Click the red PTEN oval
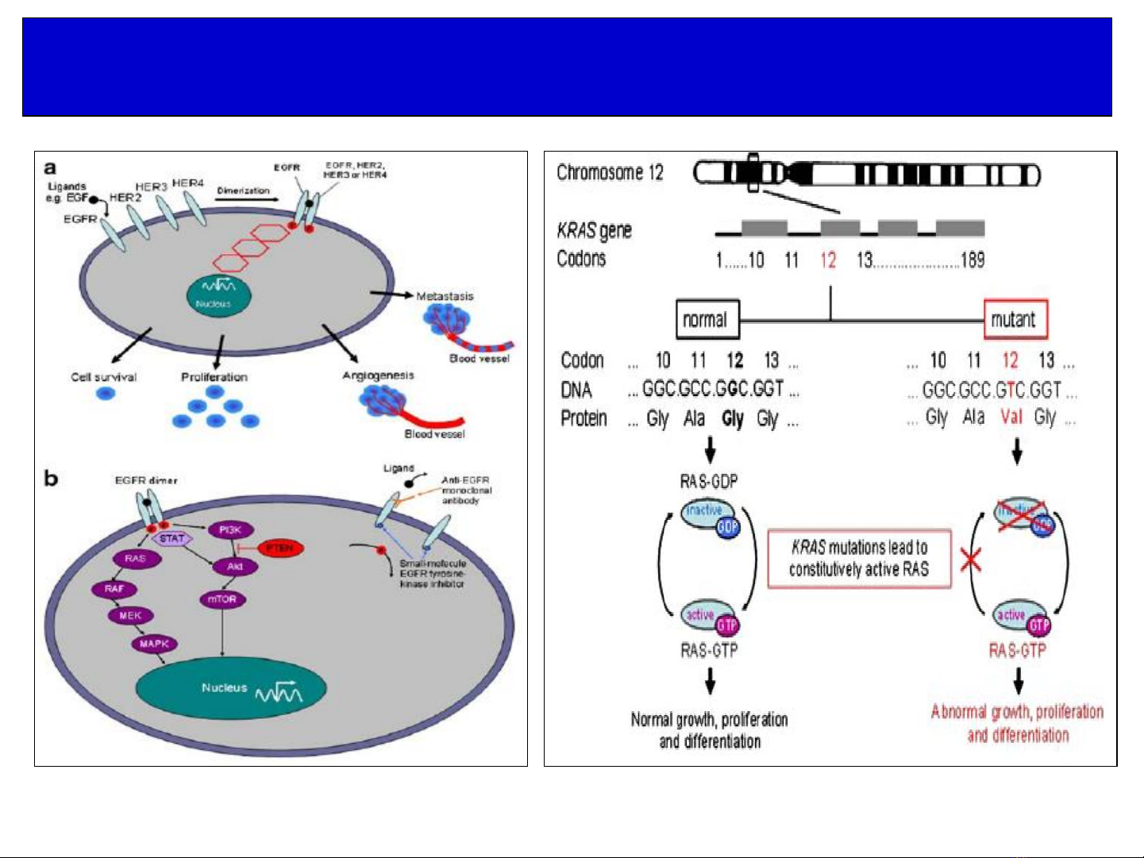(x=279, y=548)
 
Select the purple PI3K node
(x=230, y=530)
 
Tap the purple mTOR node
(x=222, y=599)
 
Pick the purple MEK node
(x=130, y=615)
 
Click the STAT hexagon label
(x=171, y=538)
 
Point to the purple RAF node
(x=114, y=589)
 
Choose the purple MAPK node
(x=154, y=644)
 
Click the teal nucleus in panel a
(x=219, y=294)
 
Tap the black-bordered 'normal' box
(x=707, y=320)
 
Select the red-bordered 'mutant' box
(x=1015, y=320)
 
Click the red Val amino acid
(x=1011, y=417)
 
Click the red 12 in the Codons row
(x=828, y=260)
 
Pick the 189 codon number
(x=973, y=260)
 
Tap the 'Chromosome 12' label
(x=610, y=172)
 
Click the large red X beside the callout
(x=970, y=560)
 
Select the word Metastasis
(x=445, y=296)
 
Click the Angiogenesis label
(x=378, y=375)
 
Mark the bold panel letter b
(x=52, y=479)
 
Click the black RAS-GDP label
(x=708, y=482)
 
